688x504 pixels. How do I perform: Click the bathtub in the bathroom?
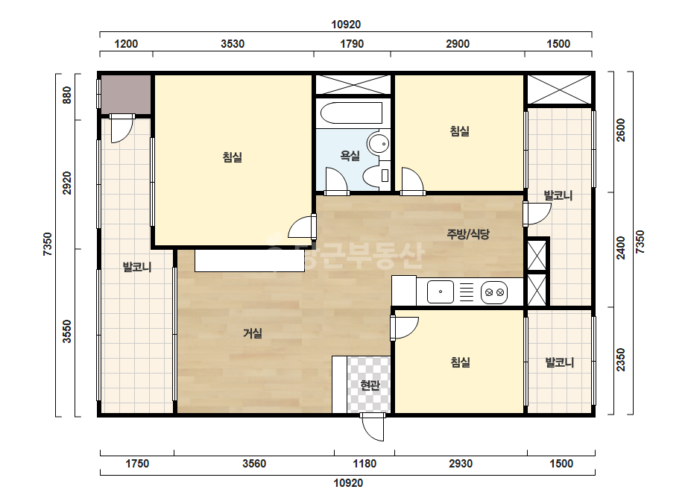(352, 113)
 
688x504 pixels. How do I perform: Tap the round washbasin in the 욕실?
(378, 143)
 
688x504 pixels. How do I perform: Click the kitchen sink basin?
(440, 292)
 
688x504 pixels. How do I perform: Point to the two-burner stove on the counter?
(494, 292)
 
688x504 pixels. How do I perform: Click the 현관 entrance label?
(370, 385)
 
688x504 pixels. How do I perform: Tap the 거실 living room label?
(252, 333)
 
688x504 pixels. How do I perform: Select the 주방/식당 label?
(467, 234)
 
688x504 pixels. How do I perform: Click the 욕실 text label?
(350, 155)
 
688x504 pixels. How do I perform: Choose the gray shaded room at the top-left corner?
(127, 95)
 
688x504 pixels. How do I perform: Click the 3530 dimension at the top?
(233, 44)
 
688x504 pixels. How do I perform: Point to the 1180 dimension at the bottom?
(364, 464)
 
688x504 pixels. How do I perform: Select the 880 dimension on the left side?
(66, 95)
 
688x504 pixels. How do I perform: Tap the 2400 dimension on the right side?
(620, 248)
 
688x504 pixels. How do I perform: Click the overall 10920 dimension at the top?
(346, 25)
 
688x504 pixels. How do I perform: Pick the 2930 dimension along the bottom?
(461, 464)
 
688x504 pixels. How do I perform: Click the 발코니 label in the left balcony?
(137, 266)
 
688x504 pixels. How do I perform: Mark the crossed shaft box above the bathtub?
(353, 84)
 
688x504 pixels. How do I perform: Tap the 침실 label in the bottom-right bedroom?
(460, 362)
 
